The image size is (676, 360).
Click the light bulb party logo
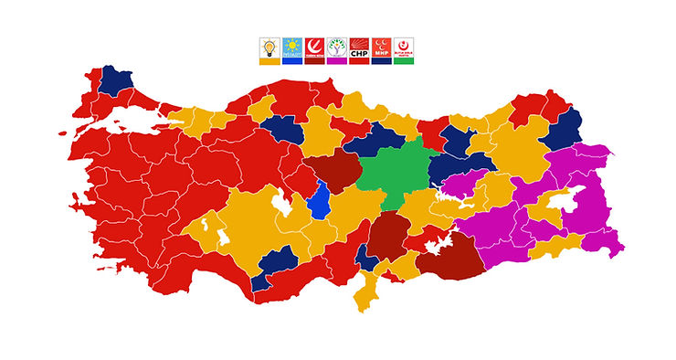[269, 47]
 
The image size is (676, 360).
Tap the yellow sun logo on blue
[292, 47]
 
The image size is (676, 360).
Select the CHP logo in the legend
[359, 47]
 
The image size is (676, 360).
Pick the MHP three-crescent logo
[381, 47]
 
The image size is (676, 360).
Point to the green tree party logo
[336, 47]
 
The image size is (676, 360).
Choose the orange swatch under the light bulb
[269, 61]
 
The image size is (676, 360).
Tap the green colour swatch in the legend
[403, 61]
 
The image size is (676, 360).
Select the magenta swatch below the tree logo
[336, 61]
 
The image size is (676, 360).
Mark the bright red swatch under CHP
[359, 61]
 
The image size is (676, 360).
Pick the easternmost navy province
[565, 130]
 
